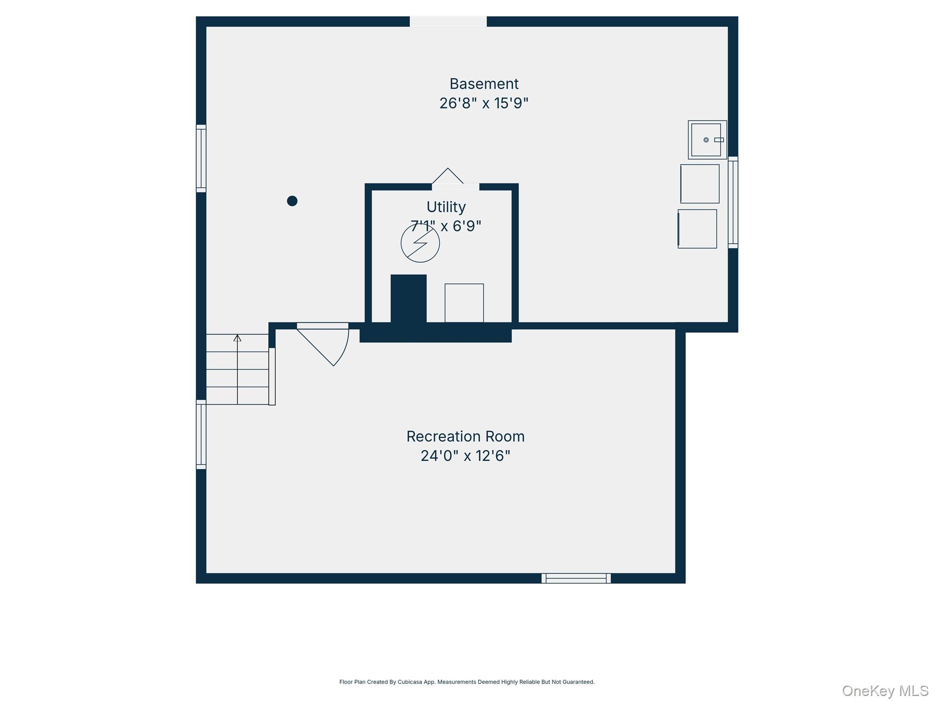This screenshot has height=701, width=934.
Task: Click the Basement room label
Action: (x=484, y=84)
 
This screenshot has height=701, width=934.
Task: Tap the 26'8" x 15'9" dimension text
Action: (x=484, y=103)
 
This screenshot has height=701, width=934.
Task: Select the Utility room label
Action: (x=446, y=207)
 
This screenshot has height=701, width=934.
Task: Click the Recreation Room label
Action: (x=466, y=437)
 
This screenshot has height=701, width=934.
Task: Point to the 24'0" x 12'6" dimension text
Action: (x=466, y=456)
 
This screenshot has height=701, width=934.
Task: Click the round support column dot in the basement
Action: (x=292, y=201)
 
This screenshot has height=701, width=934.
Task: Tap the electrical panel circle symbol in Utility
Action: (x=420, y=243)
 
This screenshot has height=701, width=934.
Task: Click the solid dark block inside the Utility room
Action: (x=409, y=299)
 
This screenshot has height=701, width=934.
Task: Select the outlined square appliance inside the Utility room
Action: (x=464, y=303)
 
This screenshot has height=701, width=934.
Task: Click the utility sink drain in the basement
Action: (x=706, y=140)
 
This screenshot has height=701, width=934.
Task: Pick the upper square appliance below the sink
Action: (x=700, y=184)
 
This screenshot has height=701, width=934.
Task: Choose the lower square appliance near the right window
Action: (x=697, y=229)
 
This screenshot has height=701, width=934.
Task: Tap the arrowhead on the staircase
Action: (x=237, y=338)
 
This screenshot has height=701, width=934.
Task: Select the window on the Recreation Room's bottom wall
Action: (x=576, y=578)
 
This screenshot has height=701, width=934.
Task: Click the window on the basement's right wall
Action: (x=733, y=202)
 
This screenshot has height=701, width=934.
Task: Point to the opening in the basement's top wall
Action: (x=448, y=21)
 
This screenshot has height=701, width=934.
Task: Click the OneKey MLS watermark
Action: (x=885, y=691)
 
